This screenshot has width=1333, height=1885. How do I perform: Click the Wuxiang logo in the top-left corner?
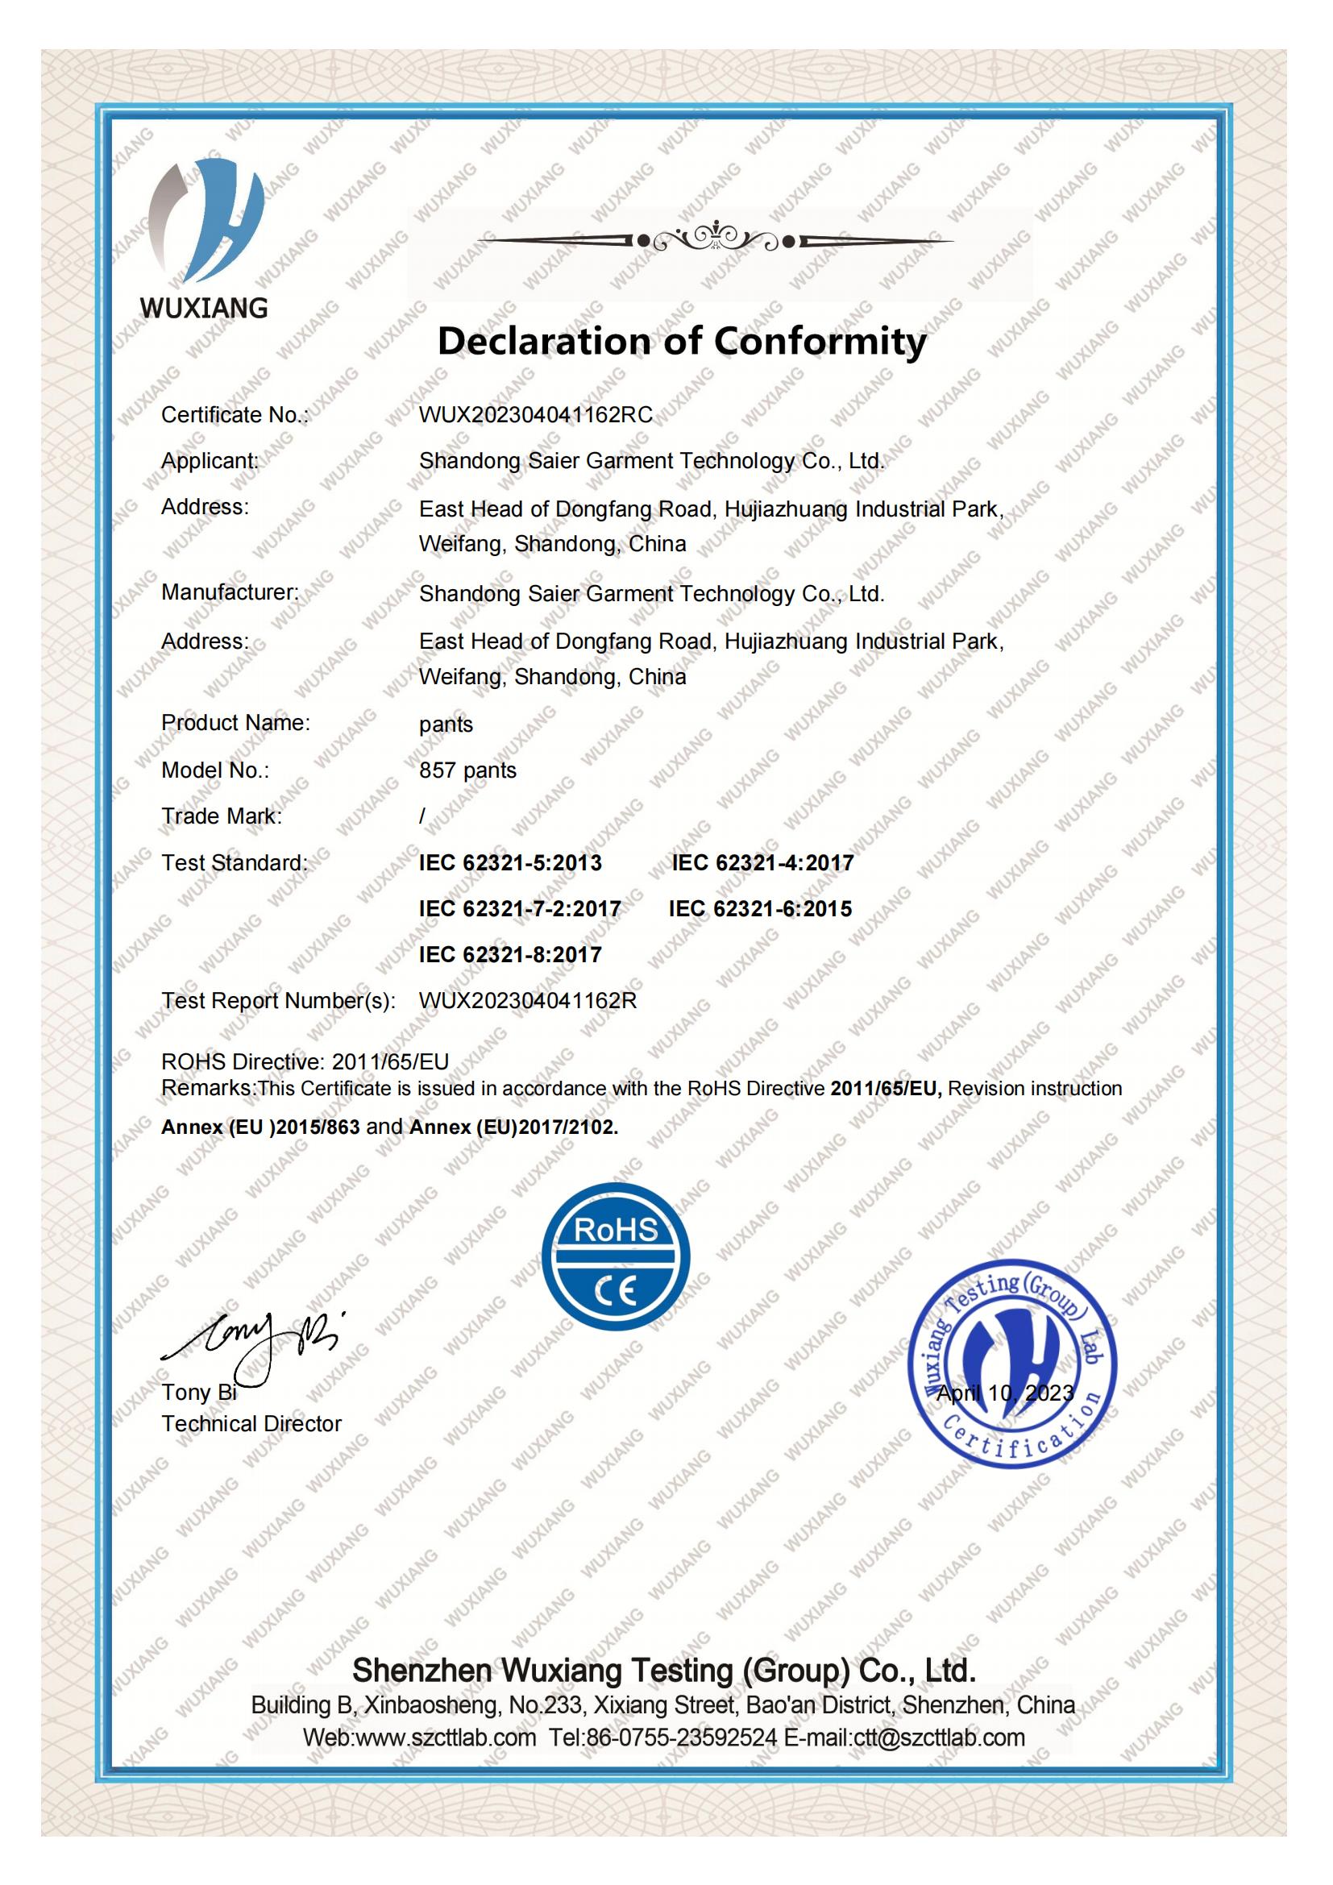206,238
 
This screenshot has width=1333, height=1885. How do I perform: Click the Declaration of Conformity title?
681,341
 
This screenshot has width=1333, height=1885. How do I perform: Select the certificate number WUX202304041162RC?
536,414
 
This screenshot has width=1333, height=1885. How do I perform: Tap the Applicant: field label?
210,461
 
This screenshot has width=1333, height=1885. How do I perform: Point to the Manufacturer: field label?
230,592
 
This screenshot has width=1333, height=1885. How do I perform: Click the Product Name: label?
235,722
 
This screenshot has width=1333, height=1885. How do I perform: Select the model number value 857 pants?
468,770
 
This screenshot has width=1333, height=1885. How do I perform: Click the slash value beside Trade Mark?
423,816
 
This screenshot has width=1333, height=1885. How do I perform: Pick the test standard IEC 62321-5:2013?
509,863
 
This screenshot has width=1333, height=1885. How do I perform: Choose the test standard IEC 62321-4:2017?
762,863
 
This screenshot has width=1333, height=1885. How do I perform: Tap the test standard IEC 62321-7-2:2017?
520,909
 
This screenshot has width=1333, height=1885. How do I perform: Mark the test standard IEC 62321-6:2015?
760,909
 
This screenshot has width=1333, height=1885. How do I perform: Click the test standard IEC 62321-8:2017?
509,955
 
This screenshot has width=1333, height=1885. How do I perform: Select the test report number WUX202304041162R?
528,1001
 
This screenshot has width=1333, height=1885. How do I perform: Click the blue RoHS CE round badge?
616,1257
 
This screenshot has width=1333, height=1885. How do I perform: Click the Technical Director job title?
251,1423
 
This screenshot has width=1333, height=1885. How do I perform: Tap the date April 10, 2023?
1005,1393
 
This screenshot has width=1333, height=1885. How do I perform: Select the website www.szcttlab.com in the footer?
446,1738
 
